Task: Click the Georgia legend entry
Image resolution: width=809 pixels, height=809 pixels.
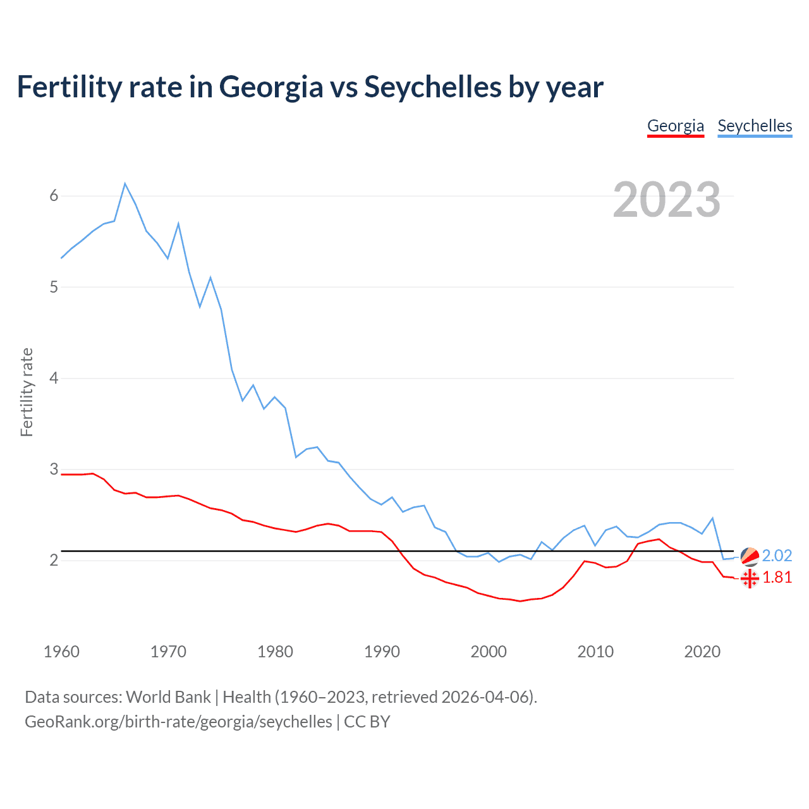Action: pos(675,126)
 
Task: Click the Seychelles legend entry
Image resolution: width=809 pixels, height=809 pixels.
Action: pos(755,126)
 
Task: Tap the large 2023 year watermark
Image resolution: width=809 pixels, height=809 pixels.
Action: pos(666,200)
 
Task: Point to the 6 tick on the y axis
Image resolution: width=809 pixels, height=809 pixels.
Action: pos(54,196)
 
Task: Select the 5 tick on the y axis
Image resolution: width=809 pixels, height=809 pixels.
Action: pos(54,287)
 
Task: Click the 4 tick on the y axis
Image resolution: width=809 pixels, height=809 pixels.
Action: pos(54,378)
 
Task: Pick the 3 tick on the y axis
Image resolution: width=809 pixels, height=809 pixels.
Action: pos(54,469)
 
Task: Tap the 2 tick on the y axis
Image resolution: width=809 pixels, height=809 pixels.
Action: pos(54,560)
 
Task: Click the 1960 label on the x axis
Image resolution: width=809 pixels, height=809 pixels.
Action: pos(61,652)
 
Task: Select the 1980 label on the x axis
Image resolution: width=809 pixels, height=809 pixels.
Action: pos(275,652)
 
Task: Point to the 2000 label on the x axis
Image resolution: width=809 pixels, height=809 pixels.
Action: pos(489,652)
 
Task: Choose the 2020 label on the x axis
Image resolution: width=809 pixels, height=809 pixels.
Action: pos(702,652)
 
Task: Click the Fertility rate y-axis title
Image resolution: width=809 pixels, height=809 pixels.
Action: pos(27,392)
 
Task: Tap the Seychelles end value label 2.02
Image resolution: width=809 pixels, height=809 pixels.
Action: pos(777,556)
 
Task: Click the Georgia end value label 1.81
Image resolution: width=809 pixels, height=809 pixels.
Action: pos(777,578)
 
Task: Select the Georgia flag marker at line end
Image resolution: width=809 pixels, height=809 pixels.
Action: pos(750,578)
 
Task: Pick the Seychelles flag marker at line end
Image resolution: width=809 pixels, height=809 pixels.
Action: pos(750,556)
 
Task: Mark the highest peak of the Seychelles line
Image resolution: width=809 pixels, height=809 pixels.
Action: pos(125,183)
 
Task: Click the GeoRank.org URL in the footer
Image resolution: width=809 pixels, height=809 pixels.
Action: pos(178,722)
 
